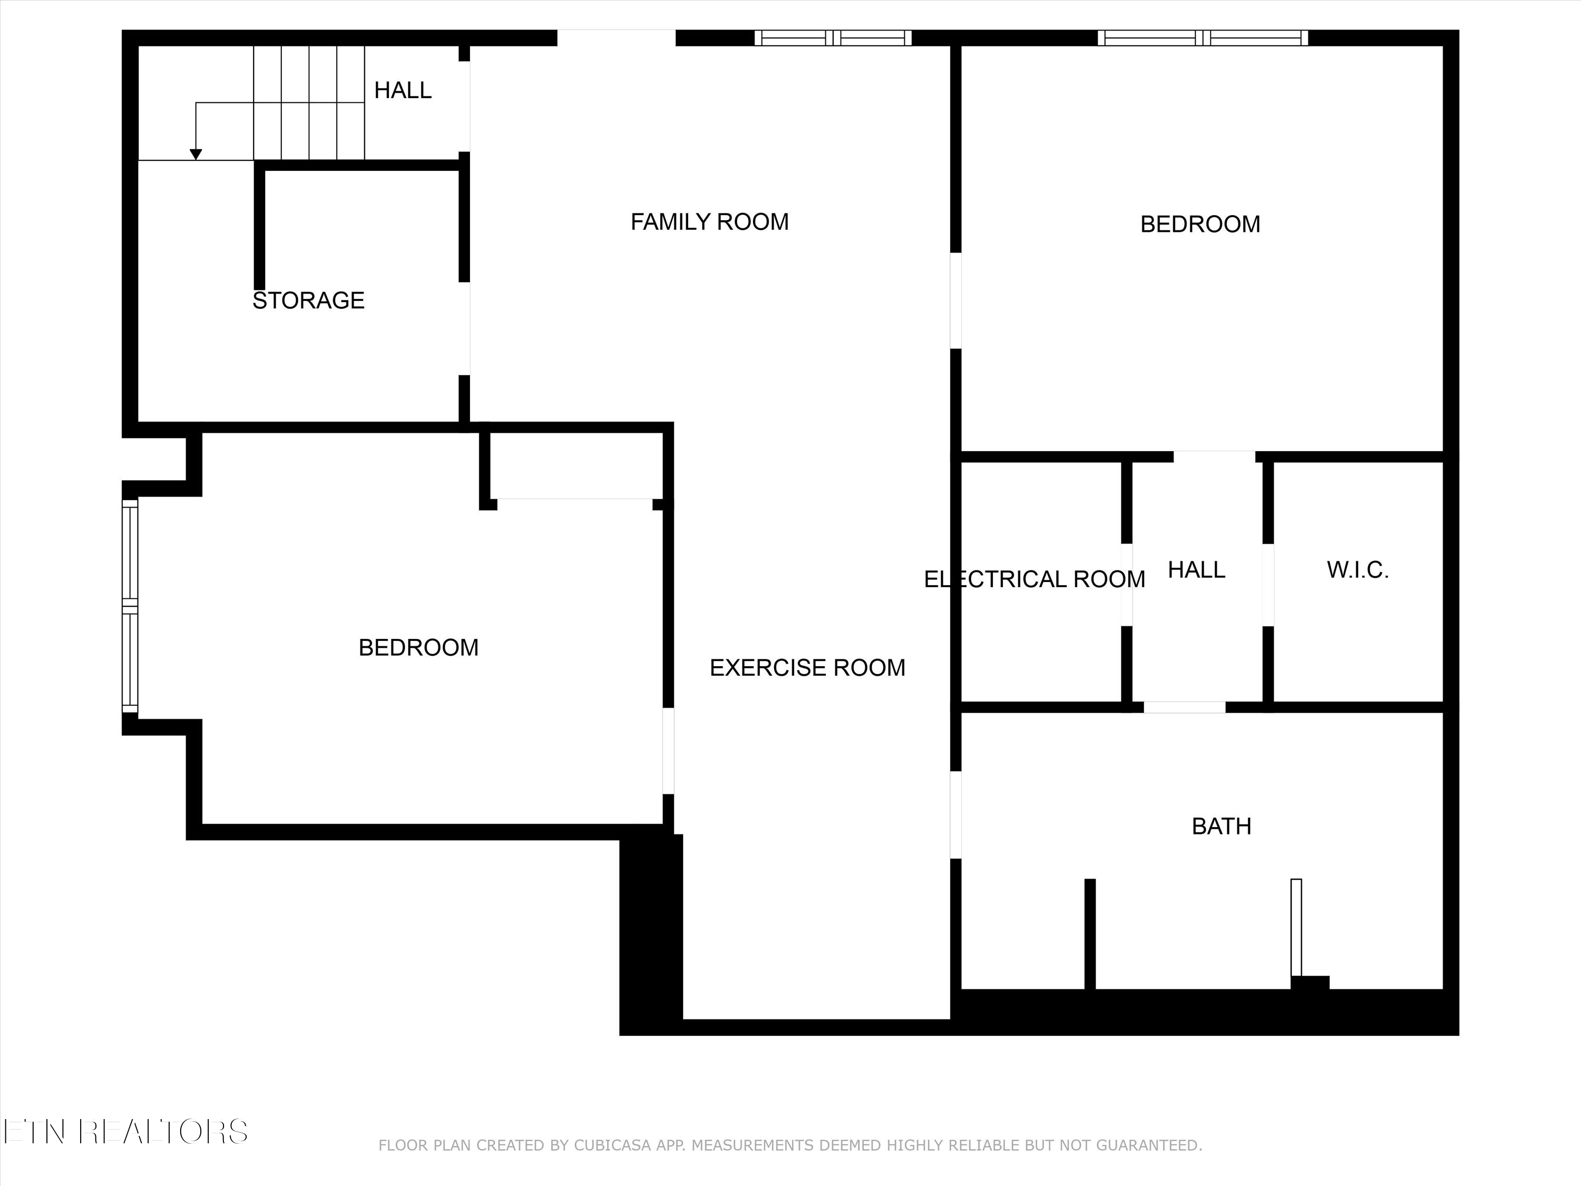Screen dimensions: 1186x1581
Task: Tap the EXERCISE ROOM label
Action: [x=807, y=668]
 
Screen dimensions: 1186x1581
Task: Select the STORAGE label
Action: [x=308, y=300]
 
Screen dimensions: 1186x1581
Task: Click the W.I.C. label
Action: [x=1357, y=570]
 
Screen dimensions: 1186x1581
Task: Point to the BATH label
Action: [x=1221, y=827]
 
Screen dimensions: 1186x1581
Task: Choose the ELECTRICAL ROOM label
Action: [x=1033, y=579]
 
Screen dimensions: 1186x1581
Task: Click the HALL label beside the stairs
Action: [x=403, y=90]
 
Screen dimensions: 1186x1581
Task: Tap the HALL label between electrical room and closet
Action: [x=1196, y=570]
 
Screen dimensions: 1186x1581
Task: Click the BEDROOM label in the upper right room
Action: [x=1199, y=225]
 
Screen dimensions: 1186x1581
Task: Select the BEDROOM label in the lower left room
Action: [x=418, y=648]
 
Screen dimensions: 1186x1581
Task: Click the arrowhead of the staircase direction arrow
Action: [x=196, y=154]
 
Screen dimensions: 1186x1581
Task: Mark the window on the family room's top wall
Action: [x=833, y=38]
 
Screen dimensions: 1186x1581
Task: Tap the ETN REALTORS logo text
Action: [x=125, y=1132]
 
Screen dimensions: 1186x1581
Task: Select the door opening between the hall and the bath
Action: [x=1184, y=707]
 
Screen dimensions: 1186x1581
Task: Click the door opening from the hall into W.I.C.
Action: [x=1268, y=585]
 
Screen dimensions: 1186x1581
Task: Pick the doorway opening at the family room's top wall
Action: [x=616, y=38]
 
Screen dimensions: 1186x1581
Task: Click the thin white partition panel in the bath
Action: [x=1296, y=928]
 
